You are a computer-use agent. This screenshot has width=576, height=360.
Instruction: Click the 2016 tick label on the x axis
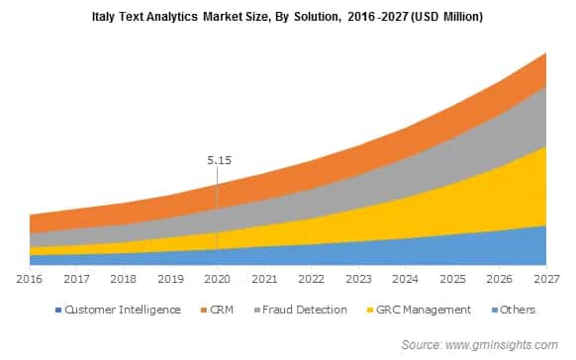pyautogui.click(x=29, y=280)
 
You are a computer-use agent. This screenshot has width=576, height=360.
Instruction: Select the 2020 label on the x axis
pyautogui.click(x=218, y=280)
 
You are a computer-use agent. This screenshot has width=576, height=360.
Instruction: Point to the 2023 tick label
pyautogui.click(x=359, y=280)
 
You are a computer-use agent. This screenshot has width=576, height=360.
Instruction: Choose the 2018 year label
pyautogui.click(x=123, y=280)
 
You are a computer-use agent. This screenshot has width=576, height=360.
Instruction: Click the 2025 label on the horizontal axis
pyautogui.click(x=453, y=280)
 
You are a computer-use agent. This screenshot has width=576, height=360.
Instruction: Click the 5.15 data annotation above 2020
pyautogui.click(x=218, y=158)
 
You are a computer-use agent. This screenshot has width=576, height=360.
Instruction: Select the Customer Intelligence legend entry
pyautogui.click(x=123, y=310)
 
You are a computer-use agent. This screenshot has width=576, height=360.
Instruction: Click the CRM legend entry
pyautogui.click(x=222, y=310)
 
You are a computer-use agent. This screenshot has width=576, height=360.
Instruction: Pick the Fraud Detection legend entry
pyautogui.click(x=304, y=310)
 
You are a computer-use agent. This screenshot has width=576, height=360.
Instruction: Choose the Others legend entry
pyautogui.click(x=516, y=310)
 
